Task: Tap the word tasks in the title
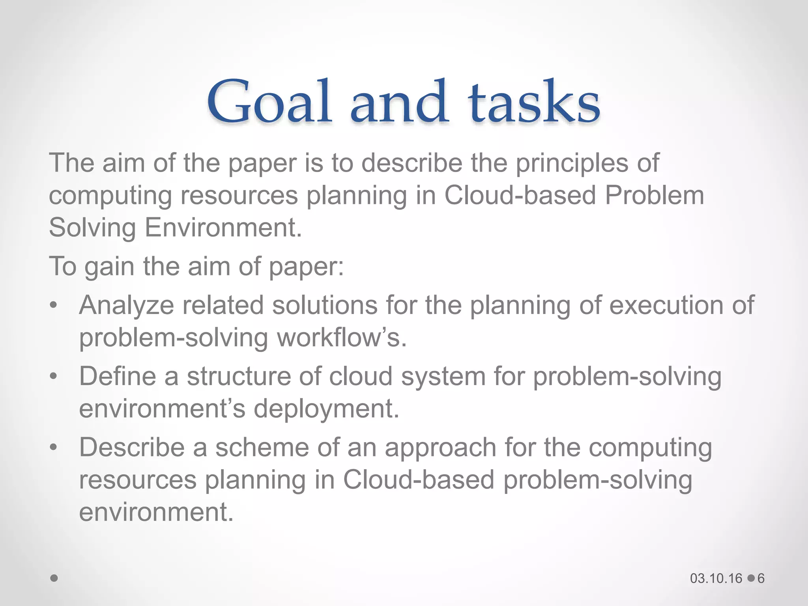(x=534, y=102)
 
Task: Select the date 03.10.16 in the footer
(x=716, y=578)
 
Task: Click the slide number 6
(x=761, y=578)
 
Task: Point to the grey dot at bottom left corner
(x=54, y=578)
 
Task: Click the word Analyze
(x=126, y=306)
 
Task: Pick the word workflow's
(x=341, y=339)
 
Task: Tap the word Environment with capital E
(x=223, y=228)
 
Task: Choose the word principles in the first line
(x=571, y=163)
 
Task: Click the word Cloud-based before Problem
(x=520, y=196)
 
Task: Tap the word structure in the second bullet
(x=239, y=376)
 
